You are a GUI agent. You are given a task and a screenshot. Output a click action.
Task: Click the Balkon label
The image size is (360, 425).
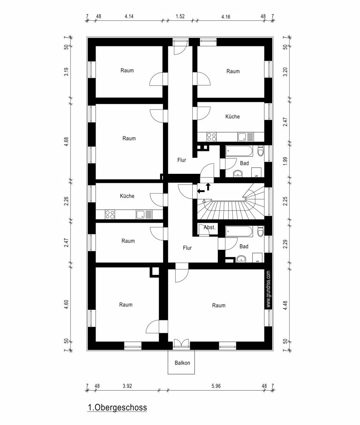182,363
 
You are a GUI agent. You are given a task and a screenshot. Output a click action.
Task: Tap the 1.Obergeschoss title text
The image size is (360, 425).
117,408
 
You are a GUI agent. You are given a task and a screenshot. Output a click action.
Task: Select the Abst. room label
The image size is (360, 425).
210,227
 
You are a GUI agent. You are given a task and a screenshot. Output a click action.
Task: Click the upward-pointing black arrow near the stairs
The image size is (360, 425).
208,186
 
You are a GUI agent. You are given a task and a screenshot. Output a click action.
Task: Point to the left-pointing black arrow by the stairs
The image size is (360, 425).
201,192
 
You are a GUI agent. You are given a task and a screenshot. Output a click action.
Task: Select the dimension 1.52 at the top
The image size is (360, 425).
180,17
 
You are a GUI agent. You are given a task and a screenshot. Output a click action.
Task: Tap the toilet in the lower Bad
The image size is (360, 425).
260,232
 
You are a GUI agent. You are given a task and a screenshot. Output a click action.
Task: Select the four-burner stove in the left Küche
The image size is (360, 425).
110,215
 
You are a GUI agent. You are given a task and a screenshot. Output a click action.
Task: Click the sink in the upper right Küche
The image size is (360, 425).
242,137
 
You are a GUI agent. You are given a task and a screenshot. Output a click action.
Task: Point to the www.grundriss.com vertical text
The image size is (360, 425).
268,289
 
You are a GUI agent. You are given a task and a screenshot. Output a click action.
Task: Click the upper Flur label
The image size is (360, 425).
182,160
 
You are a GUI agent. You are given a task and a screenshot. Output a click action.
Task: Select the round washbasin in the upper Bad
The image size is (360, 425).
239,173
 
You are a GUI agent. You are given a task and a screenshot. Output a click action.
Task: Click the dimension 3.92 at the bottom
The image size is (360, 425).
127,386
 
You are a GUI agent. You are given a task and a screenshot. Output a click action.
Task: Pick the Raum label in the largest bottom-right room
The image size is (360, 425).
219,305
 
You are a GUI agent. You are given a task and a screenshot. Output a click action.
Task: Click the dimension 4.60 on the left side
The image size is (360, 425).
66,305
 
